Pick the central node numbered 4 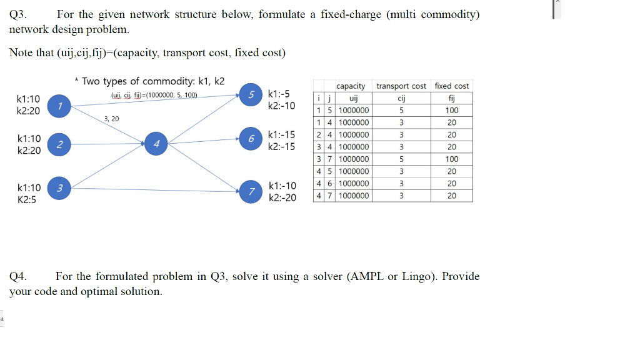point(156,144)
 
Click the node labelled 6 point(251,137)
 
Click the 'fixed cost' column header point(452,86)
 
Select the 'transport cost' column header point(401,86)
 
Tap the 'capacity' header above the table point(351,86)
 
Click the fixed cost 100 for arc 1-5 point(452,111)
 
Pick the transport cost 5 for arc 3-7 point(401,159)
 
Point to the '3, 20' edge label point(112,118)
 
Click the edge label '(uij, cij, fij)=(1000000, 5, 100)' point(154,95)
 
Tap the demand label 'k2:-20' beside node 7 point(282,197)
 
